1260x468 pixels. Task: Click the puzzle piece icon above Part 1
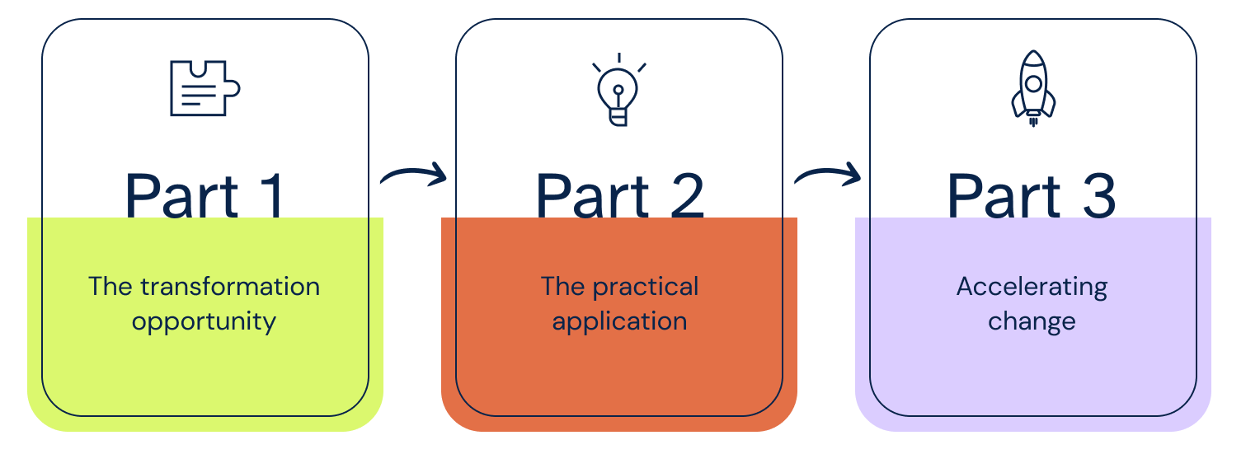pos(205,88)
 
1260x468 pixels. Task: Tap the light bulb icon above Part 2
pos(618,92)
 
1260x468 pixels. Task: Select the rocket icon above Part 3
pos(1033,87)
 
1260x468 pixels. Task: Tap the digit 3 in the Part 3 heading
pos(1096,196)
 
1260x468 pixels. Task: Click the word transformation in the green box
pos(229,287)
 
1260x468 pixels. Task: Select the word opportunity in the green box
pos(204,321)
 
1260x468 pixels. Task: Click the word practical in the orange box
pos(646,287)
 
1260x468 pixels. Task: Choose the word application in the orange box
pos(619,321)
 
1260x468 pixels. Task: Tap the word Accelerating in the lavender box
pos(1032,287)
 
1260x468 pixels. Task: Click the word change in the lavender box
pos(1032,321)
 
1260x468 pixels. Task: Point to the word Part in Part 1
pos(181,196)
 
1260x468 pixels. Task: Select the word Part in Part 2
pos(592,196)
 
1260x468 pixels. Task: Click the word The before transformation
pos(110,287)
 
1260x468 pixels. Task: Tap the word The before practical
pos(562,287)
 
